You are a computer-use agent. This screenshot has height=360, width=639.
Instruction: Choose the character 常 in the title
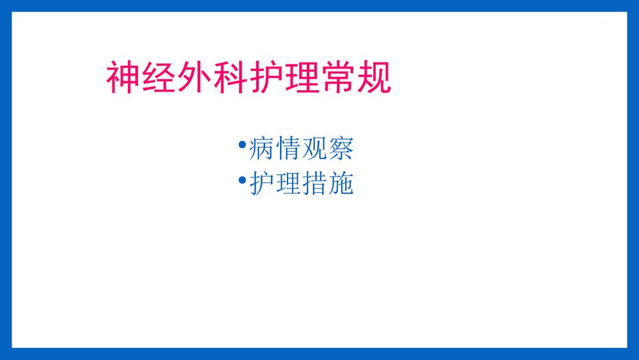click(338, 78)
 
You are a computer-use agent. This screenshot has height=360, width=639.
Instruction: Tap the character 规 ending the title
click(374, 78)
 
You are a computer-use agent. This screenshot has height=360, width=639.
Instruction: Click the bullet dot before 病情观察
click(242, 145)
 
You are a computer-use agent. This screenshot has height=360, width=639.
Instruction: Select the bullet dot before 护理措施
click(242, 180)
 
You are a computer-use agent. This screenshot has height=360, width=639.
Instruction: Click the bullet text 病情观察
click(300, 149)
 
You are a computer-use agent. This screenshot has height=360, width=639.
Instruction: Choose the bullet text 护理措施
click(300, 184)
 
